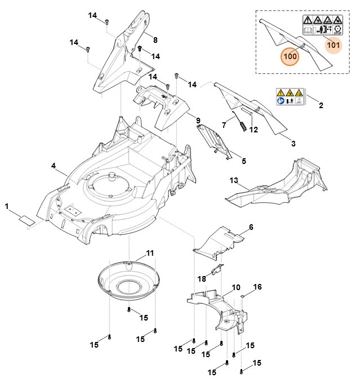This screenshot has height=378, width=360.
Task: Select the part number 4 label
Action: (x=53, y=166)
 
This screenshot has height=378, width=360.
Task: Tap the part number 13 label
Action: (x=234, y=180)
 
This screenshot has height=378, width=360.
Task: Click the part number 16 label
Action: (x=257, y=287)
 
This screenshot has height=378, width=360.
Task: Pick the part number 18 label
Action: (x=201, y=278)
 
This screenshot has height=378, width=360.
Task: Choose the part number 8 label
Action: (x=155, y=39)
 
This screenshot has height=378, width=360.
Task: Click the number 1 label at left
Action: (x=7, y=207)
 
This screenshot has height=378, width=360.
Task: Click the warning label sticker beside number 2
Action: (x=290, y=97)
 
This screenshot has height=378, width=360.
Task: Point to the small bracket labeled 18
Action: (x=217, y=270)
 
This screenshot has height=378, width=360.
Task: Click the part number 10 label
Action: (x=236, y=287)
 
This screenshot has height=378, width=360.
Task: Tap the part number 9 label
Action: (x=198, y=121)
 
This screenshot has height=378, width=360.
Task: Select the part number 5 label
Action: (x=243, y=161)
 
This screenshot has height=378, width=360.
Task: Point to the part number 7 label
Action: (x=224, y=124)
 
